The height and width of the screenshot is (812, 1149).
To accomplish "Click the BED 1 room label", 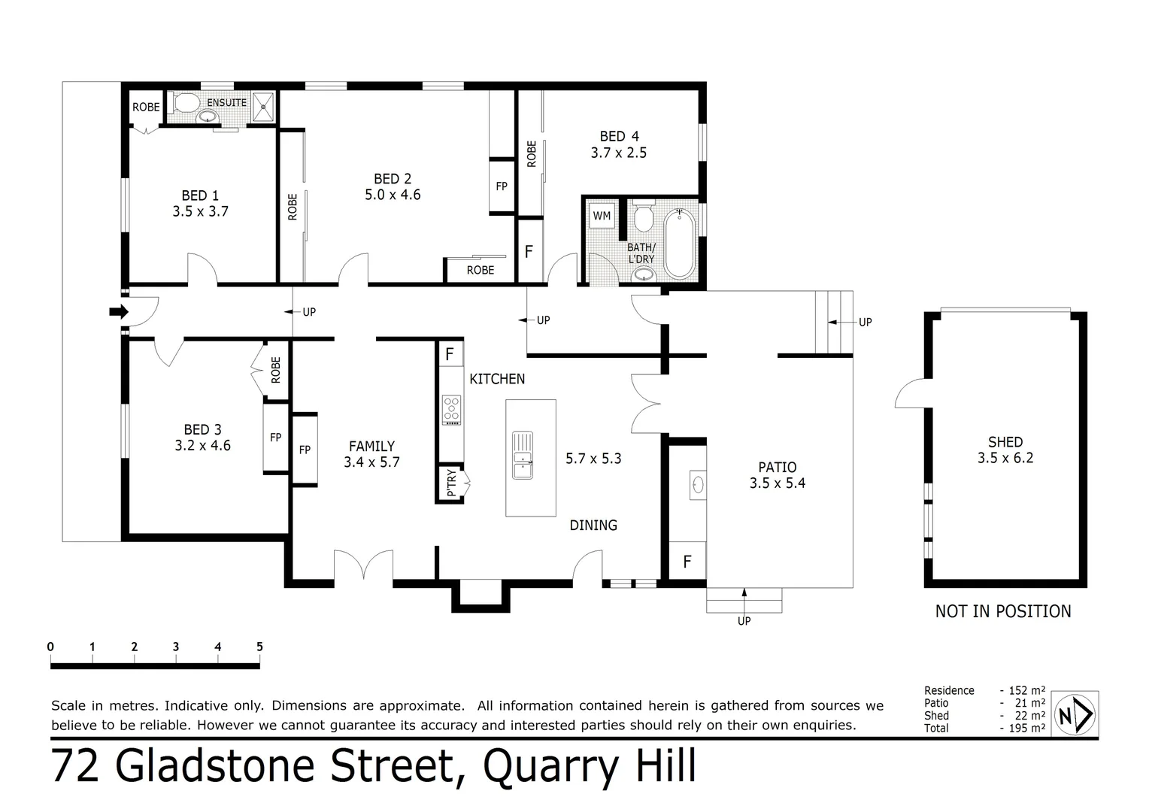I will coord(199,195).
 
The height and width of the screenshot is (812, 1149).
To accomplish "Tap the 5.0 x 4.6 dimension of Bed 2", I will coord(393,195).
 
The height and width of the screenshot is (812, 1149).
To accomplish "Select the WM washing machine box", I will coord(602,216).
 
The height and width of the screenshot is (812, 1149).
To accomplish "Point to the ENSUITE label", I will coord(226,102).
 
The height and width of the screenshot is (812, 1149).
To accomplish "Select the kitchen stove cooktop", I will coord(451,410).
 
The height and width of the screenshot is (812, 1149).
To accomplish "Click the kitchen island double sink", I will coord(522,455).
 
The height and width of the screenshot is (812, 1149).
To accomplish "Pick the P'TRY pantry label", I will coord(451,483).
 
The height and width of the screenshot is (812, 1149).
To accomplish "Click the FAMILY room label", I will coord(371,446).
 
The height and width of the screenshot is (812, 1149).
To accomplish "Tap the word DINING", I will coord(593,526).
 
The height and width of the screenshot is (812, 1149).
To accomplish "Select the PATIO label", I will coord(778,467).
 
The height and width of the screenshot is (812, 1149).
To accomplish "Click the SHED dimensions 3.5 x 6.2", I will coord(1005,458).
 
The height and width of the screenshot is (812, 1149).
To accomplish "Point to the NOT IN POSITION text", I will coord(1002,611).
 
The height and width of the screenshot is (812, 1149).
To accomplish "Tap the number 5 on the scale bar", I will coord(259,647).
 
